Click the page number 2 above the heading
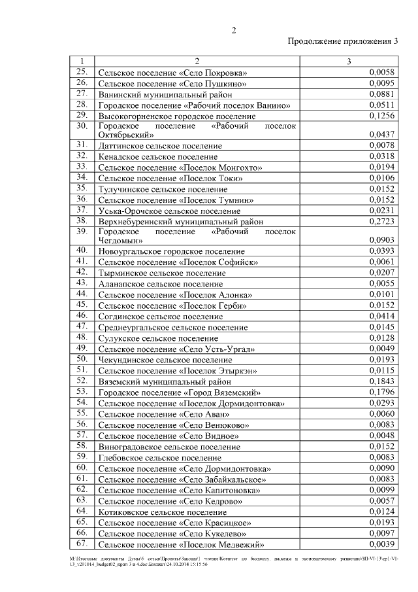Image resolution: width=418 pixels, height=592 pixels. tap(234, 30)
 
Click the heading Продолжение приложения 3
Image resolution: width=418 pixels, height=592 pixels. tap(343, 42)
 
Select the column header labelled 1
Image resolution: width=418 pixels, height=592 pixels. tap(82, 61)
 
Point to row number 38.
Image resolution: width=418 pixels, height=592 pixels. tap(82, 220)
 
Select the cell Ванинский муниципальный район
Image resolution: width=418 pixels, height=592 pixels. tap(161, 94)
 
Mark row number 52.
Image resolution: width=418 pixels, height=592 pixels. tap(82, 380)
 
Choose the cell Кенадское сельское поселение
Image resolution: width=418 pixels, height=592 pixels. tap(158, 157)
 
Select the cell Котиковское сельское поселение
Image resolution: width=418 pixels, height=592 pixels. tap(163, 512)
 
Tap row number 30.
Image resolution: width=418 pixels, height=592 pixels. tap(82, 125)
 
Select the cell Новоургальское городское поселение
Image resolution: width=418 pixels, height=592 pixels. tap(172, 251)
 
